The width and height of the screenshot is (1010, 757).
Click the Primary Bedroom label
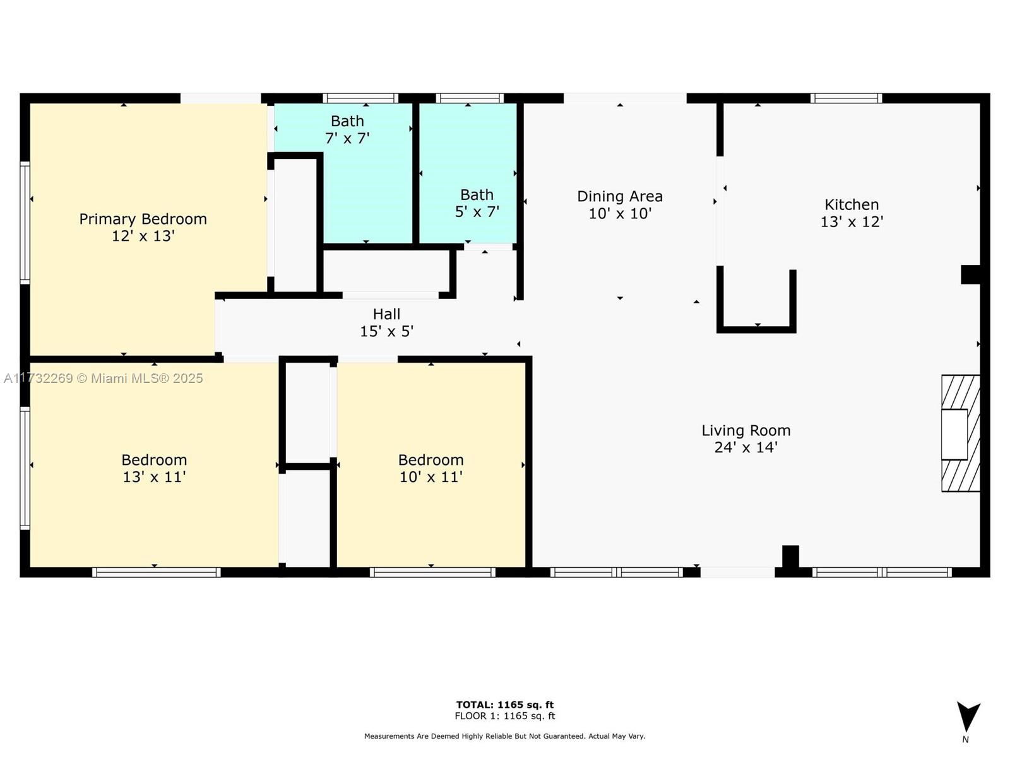(143, 227)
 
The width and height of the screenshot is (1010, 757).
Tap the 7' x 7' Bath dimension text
(347, 138)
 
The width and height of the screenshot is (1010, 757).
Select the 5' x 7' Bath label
(477, 203)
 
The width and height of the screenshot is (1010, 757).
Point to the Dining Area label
(620, 204)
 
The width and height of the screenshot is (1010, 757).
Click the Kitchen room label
(852, 213)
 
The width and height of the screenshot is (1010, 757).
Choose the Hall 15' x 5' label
(386, 322)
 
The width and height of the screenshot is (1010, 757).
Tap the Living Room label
(746, 438)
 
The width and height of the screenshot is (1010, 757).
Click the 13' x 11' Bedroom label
(154, 468)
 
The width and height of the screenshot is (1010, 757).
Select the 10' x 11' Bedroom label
(431, 468)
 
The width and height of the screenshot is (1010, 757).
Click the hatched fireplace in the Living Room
(960, 433)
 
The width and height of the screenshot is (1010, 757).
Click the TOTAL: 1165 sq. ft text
(505, 705)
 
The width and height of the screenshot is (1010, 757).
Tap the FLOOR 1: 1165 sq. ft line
(505, 716)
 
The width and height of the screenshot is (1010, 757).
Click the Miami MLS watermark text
(104, 378)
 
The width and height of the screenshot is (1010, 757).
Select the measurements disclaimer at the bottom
(505, 736)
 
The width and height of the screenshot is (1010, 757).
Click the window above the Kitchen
(847, 98)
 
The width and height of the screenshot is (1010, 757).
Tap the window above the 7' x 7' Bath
(360, 98)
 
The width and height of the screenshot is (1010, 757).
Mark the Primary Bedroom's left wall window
(25, 223)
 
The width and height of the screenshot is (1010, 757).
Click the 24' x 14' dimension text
(746, 447)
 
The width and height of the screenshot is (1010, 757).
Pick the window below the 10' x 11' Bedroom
(432, 572)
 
